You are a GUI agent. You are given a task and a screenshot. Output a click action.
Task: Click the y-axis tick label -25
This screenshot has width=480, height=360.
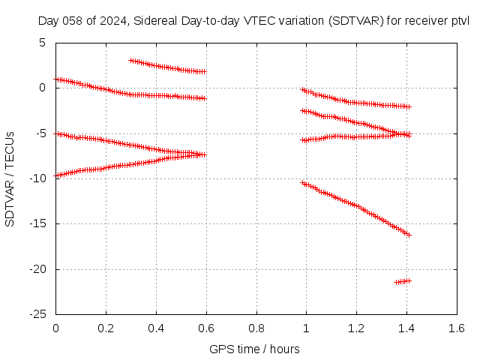click(x=38, y=314)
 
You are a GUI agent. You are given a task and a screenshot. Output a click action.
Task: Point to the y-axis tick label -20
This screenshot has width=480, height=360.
click(x=38, y=269)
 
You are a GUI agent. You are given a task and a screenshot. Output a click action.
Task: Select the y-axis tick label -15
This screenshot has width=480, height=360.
click(x=38, y=223)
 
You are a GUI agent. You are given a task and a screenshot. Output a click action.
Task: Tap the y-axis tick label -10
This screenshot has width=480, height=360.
click(x=38, y=178)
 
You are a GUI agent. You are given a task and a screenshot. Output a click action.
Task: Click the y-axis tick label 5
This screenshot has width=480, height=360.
click(x=42, y=43)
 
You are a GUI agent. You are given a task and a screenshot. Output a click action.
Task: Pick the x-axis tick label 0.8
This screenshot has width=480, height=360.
click(x=256, y=328)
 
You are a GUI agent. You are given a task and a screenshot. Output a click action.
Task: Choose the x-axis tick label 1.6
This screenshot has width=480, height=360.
click(x=457, y=328)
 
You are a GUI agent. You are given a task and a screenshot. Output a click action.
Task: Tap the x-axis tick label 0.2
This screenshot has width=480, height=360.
click(x=106, y=328)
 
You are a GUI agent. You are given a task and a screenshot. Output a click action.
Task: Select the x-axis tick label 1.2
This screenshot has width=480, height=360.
click(x=357, y=328)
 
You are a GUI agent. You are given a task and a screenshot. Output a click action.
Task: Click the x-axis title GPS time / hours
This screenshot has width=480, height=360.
click(x=254, y=349)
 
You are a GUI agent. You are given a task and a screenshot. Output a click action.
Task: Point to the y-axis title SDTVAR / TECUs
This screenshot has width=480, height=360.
click(x=10, y=179)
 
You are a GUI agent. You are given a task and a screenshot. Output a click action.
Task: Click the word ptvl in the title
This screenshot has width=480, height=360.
click(x=460, y=21)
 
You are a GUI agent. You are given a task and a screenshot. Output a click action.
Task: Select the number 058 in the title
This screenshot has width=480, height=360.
click(x=73, y=21)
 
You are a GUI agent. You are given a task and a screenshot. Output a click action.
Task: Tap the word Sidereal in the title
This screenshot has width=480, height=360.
click(x=155, y=21)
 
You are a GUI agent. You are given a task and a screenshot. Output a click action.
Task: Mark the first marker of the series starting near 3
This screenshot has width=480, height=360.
click(x=130, y=61)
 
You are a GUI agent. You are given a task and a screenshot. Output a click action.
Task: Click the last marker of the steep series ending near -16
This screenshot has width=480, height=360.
click(x=409, y=235)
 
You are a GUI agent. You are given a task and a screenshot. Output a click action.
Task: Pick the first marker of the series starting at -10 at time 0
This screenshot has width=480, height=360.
click(x=56, y=175)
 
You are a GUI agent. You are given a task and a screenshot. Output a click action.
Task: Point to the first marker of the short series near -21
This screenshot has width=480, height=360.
click(x=397, y=282)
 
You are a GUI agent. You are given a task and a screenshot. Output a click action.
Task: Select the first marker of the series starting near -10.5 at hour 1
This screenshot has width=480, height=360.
click(x=303, y=183)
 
